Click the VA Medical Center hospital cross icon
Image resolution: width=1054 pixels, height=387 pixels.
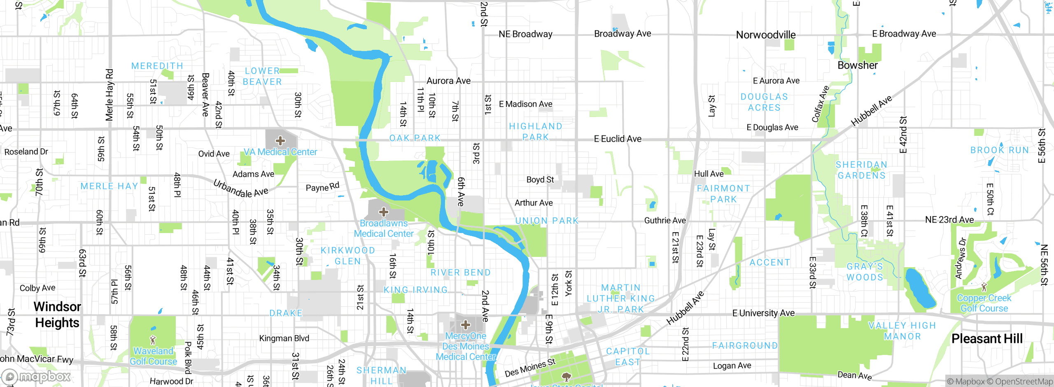click(x=280, y=141)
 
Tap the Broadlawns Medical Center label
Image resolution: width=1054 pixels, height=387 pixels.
click(x=384, y=228)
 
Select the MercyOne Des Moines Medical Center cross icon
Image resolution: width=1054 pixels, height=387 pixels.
click(x=466, y=325)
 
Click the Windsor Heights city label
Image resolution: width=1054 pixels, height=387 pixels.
click(x=57, y=315)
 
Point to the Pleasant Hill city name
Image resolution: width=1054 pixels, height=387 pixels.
click(x=987, y=339)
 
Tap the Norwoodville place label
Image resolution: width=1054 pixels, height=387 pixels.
click(x=765, y=35)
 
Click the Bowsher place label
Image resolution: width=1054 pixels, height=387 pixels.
click(x=858, y=65)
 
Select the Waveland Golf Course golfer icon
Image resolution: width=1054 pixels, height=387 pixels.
click(x=153, y=340)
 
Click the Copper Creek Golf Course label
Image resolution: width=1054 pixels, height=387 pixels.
click(x=984, y=303)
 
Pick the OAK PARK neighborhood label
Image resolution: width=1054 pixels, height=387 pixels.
click(x=415, y=138)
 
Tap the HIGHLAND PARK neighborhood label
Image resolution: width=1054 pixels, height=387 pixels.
click(x=536, y=132)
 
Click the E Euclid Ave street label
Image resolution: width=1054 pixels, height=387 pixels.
click(x=618, y=139)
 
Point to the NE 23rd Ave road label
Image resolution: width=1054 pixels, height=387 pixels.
click(x=949, y=220)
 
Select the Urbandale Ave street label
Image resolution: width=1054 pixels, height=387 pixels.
click(x=240, y=189)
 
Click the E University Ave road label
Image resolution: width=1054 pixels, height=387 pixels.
click(x=763, y=313)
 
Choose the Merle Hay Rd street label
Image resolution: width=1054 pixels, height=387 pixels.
click(x=109, y=95)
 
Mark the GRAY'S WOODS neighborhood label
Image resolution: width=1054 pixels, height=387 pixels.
click(x=865, y=272)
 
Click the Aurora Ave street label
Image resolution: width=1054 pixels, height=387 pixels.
click(x=448, y=81)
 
